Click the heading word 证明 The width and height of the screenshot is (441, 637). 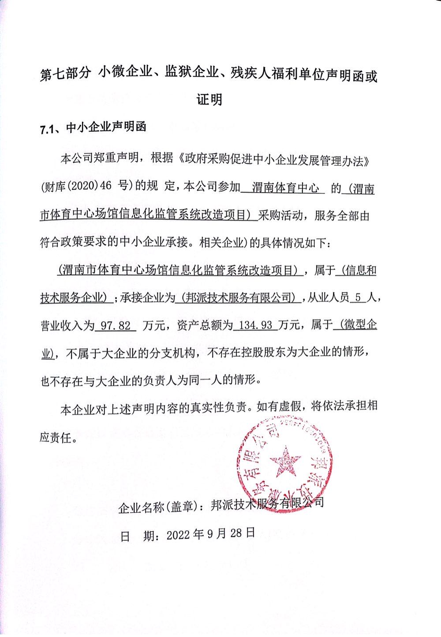pos(209,100)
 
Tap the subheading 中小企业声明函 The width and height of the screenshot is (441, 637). pos(106,128)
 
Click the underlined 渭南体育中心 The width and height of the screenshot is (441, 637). pos(285,188)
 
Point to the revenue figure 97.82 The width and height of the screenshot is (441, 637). pos(116,326)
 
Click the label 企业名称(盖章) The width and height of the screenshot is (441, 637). pos(159,507)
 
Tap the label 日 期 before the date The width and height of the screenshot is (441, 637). pos(136,535)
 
